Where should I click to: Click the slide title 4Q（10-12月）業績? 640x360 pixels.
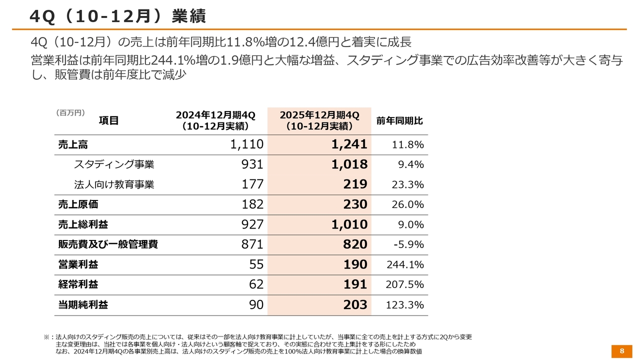[117, 16]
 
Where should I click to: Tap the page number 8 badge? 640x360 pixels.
[622, 350]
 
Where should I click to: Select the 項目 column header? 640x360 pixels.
[108, 120]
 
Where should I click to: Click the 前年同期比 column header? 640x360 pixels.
[399, 121]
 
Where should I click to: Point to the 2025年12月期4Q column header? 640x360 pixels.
[319, 121]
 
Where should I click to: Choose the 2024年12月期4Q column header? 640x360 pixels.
[215, 121]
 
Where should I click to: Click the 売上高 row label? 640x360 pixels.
[73, 144]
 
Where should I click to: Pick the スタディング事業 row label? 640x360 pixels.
[114, 164]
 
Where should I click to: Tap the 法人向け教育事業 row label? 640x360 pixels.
[114, 184]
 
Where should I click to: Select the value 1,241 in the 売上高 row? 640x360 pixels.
[349, 144]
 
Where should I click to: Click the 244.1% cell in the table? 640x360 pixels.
[405, 264]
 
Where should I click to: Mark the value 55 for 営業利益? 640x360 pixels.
[256, 264]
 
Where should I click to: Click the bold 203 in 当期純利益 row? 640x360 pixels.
[355, 304]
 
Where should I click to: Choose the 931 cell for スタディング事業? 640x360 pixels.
[252, 164]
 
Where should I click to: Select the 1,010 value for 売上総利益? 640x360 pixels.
[349, 224]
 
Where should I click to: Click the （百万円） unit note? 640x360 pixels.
[70, 112]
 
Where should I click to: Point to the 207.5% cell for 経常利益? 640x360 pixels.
[405, 284]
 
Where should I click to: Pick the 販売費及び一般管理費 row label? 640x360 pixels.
[108, 244]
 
